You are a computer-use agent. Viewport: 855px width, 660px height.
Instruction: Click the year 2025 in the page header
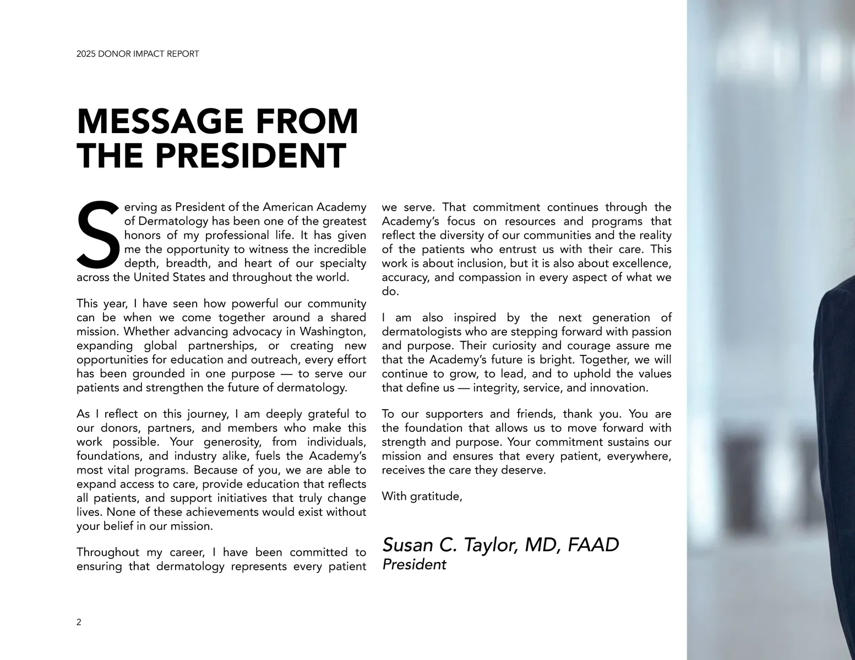tap(85, 54)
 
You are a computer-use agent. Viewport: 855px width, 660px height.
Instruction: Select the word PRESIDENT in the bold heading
tap(250, 156)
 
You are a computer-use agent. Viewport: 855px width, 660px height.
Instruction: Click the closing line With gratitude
tap(422, 496)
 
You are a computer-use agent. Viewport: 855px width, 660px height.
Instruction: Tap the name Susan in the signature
tap(406, 545)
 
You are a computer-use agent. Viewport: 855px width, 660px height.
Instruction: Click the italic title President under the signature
tap(414, 565)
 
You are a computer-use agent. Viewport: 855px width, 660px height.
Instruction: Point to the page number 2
tap(79, 623)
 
